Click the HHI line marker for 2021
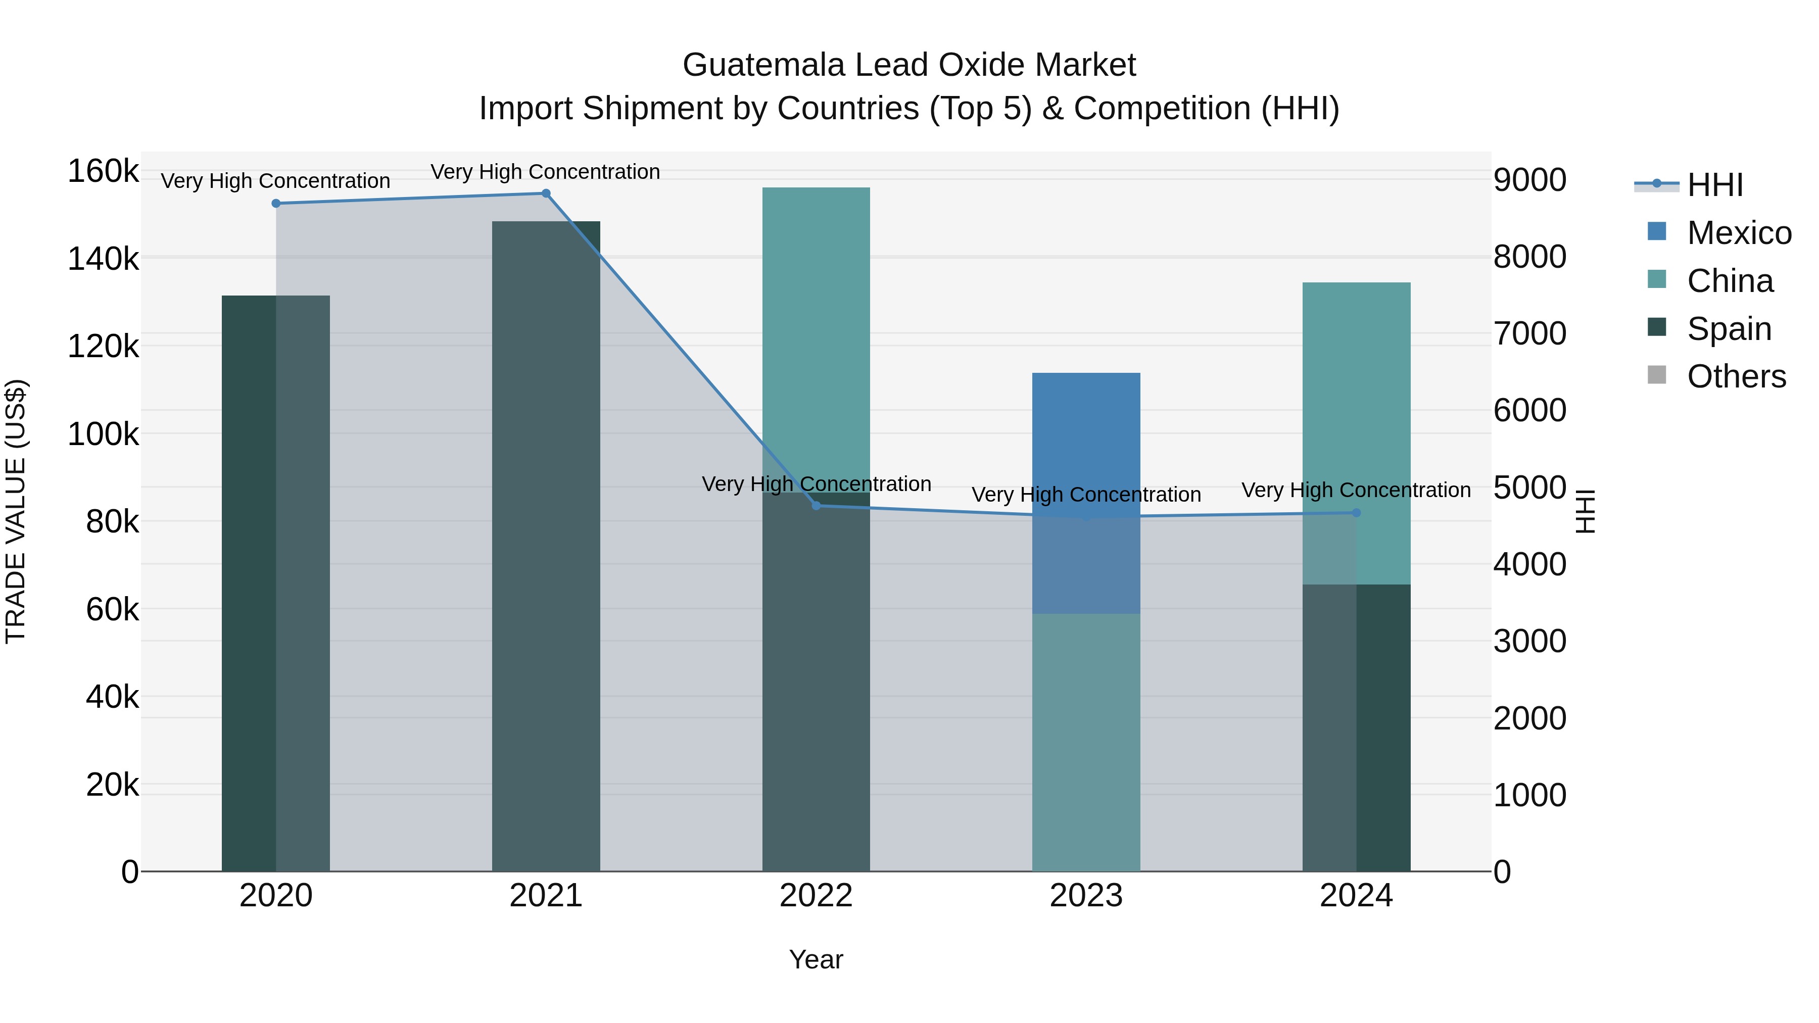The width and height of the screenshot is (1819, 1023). click(546, 193)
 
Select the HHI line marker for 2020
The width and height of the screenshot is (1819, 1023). click(276, 203)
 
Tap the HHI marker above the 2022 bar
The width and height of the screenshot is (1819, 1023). click(817, 506)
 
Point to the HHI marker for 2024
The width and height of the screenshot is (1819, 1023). click(1356, 513)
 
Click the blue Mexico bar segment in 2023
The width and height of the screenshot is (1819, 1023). click(1086, 437)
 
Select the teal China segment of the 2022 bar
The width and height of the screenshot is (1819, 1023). click(817, 332)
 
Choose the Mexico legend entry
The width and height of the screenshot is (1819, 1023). click(1739, 233)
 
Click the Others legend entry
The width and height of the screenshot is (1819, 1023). click(1736, 376)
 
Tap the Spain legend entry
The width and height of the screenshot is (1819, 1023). click(1729, 329)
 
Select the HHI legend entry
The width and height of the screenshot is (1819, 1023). click(1714, 185)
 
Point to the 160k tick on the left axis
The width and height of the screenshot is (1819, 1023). click(103, 172)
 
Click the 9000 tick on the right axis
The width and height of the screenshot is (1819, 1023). click(1529, 180)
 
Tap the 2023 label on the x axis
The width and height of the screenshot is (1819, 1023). click(1086, 896)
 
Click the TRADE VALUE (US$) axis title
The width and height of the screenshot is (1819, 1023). click(16, 511)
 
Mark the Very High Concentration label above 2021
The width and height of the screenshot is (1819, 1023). click(545, 172)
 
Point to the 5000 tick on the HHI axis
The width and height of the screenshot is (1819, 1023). click(1529, 488)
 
